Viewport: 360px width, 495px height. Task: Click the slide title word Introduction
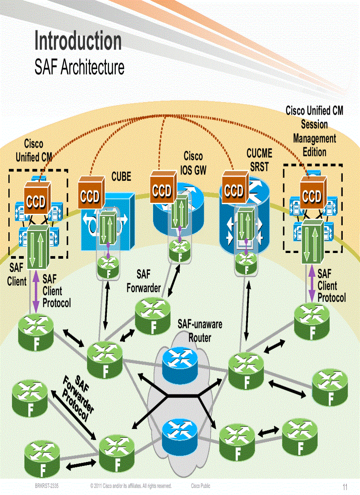pyautogui.click(x=78, y=41)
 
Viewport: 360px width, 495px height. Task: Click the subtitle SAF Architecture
pyautogui.click(x=79, y=67)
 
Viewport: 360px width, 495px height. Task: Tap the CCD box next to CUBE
pyautogui.click(x=90, y=195)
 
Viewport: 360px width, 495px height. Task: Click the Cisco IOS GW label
pyautogui.click(x=193, y=163)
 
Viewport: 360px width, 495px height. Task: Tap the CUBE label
pyautogui.click(x=121, y=177)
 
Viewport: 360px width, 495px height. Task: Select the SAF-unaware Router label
pyautogui.click(x=200, y=331)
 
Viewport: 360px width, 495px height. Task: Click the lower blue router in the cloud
pyautogui.click(x=179, y=431)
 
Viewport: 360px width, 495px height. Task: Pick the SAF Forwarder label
pyautogui.click(x=143, y=281)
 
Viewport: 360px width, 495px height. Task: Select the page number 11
pyautogui.click(x=345, y=487)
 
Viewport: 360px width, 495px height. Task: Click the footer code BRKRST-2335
pyautogui.click(x=47, y=486)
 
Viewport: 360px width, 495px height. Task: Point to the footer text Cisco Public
pyautogui.click(x=200, y=486)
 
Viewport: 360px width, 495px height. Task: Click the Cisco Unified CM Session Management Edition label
pyautogui.click(x=314, y=131)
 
